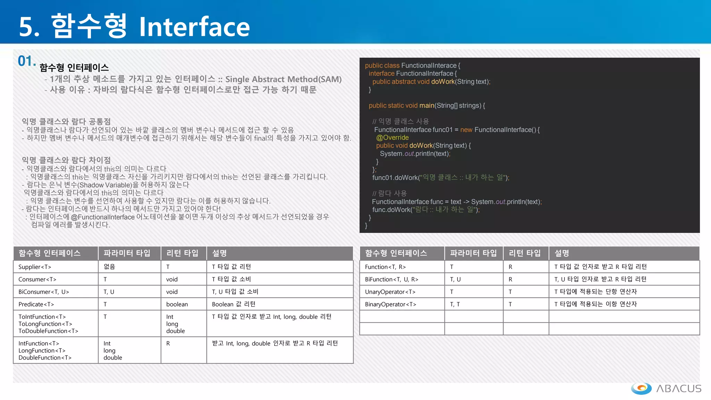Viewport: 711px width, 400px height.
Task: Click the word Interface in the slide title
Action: click(x=194, y=27)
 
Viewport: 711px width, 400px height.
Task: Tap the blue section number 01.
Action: click(x=26, y=61)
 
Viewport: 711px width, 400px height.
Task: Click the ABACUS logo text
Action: click(x=678, y=389)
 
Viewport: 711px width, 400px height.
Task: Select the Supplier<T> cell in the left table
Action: click(x=35, y=267)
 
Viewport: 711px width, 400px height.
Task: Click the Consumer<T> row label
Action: click(x=37, y=279)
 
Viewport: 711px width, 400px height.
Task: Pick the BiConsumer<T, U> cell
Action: click(x=44, y=292)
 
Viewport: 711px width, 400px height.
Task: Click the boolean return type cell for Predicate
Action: click(x=177, y=304)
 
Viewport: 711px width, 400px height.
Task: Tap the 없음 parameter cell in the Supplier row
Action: click(x=109, y=267)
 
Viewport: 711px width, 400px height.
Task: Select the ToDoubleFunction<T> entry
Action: click(x=48, y=331)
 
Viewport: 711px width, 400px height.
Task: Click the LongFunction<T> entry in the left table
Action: click(x=42, y=350)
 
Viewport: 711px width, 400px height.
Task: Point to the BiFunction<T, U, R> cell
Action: click(x=391, y=279)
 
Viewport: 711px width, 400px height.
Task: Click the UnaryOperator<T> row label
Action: click(x=390, y=292)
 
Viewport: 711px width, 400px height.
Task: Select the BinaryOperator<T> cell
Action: click(x=390, y=304)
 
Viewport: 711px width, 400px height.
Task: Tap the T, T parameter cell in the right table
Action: click(x=455, y=304)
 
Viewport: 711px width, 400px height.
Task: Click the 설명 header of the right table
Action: click(x=561, y=253)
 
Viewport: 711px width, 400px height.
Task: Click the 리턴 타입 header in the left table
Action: click(x=182, y=253)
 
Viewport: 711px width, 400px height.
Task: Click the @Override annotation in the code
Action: click(x=392, y=137)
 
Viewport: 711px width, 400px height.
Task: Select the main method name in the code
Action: click(x=427, y=106)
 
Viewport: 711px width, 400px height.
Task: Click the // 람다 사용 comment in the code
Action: click(x=389, y=193)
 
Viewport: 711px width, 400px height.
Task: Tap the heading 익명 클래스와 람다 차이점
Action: click(x=66, y=160)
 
